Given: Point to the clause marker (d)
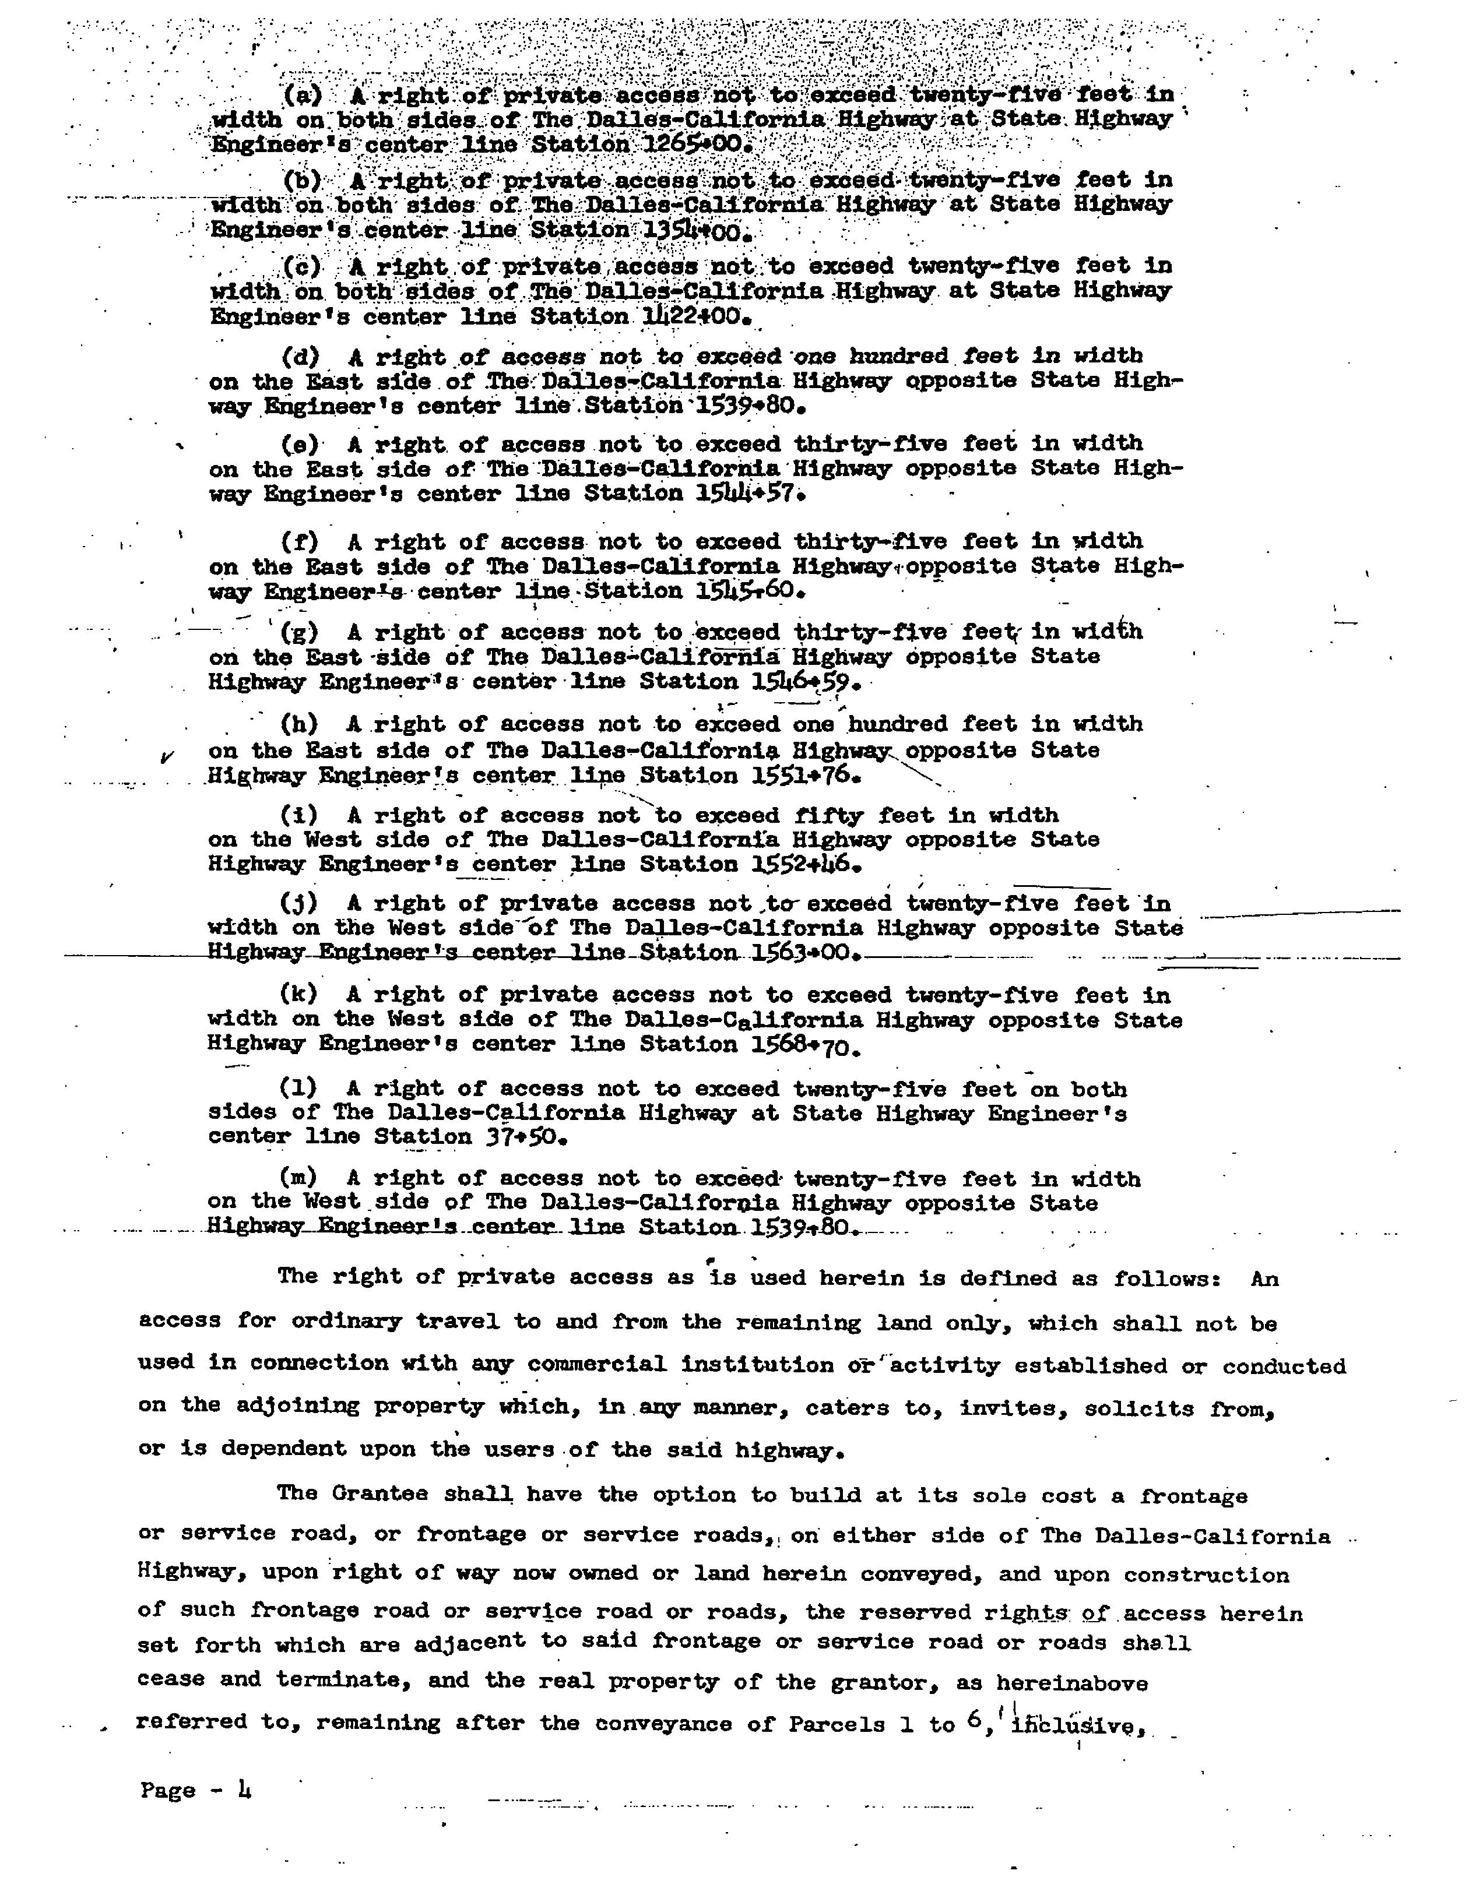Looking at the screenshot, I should coord(300,356).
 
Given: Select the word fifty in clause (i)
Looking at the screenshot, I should coord(829,815).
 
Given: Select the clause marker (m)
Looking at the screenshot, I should coord(298,1178).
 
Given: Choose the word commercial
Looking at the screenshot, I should coord(596,1365).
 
